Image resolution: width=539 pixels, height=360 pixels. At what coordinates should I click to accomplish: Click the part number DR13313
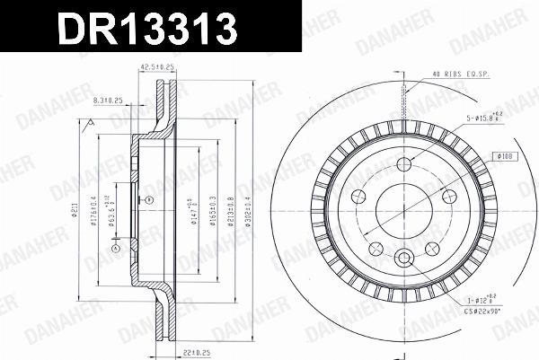click(149, 29)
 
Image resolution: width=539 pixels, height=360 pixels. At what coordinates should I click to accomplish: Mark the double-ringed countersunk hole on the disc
click(404, 259)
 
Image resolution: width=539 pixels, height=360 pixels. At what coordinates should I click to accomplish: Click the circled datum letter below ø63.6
click(115, 247)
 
